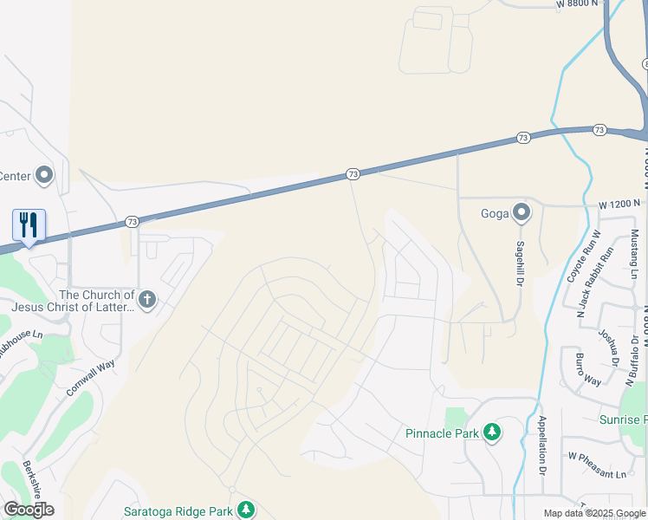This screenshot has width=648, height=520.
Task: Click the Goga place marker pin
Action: (x=521, y=212)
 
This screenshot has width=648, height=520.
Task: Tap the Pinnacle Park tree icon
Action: (x=492, y=432)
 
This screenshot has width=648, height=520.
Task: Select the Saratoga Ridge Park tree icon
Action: (x=246, y=509)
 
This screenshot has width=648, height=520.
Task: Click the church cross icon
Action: (x=147, y=301)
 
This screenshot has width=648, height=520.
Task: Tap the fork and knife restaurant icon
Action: (x=29, y=225)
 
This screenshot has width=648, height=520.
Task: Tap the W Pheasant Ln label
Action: (x=597, y=474)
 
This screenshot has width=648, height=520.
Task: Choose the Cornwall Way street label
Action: (x=91, y=377)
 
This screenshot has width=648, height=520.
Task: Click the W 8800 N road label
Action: (x=577, y=4)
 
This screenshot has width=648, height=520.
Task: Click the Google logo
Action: (x=29, y=510)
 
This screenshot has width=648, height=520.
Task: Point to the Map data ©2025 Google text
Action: (x=595, y=513)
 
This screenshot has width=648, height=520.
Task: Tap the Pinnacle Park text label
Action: (x=442, y=433)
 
